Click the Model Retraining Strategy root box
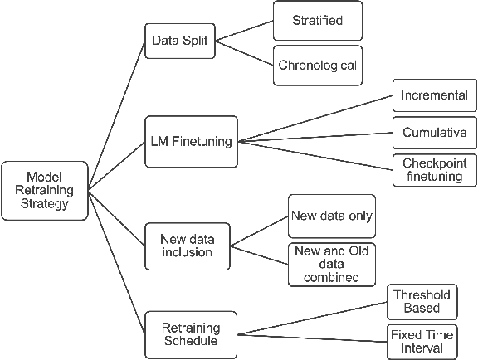45,191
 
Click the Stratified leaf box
318,19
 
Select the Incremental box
435,96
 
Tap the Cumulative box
435,133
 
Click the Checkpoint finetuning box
435,169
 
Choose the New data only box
331,216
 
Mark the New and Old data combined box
331,265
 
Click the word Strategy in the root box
45,203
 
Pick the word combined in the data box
331,277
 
